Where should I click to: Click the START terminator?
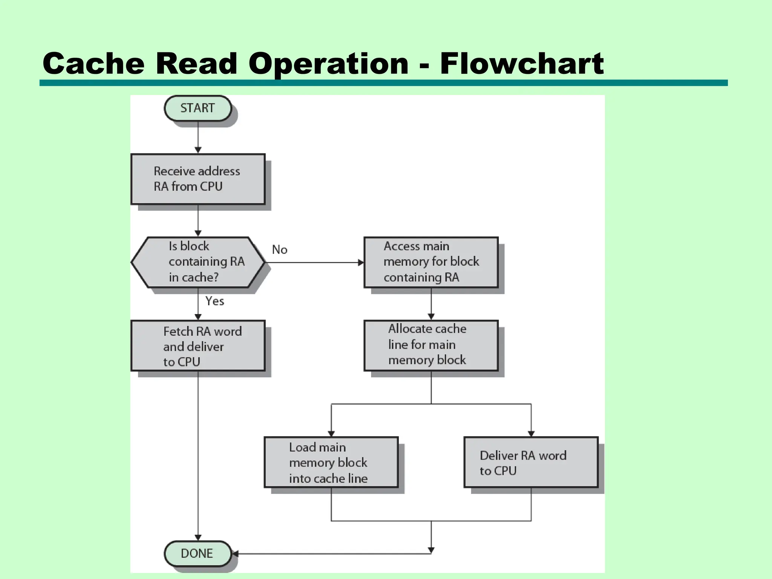[198, 108]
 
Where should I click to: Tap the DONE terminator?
[198, 553]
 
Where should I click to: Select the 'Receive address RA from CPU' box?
[198, 179]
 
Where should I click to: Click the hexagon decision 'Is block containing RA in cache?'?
[198, 262]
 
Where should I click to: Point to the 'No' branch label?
[280, 250]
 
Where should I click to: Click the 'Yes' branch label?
[214, 301]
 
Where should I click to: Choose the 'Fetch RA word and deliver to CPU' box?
[198, 346]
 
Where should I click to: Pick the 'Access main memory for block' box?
[431, 262]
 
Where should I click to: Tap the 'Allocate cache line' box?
[431, 345]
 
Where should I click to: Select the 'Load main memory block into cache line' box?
[331, 462]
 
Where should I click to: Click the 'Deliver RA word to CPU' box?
[531, 462]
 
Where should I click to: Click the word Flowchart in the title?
[522, 63]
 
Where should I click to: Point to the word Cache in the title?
[93, 63]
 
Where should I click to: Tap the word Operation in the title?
[328, 63]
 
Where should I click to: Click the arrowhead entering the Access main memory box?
[361, 262]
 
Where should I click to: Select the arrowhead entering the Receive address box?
[198, 150]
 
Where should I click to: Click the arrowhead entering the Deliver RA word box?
[531, 433]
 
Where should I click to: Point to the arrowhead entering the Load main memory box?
[331, 433]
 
